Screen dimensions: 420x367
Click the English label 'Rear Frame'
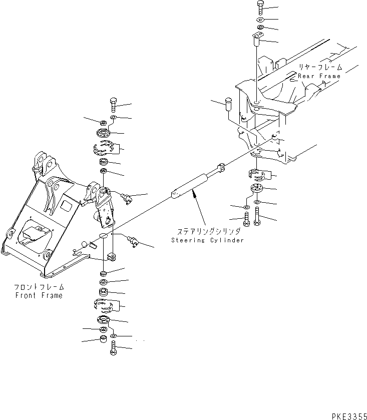(x=319, y=76)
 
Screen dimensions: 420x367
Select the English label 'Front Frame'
(x=39, y=295)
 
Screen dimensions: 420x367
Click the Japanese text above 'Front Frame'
(x=39, y=287)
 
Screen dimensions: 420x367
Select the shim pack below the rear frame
(x=260, y=175)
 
